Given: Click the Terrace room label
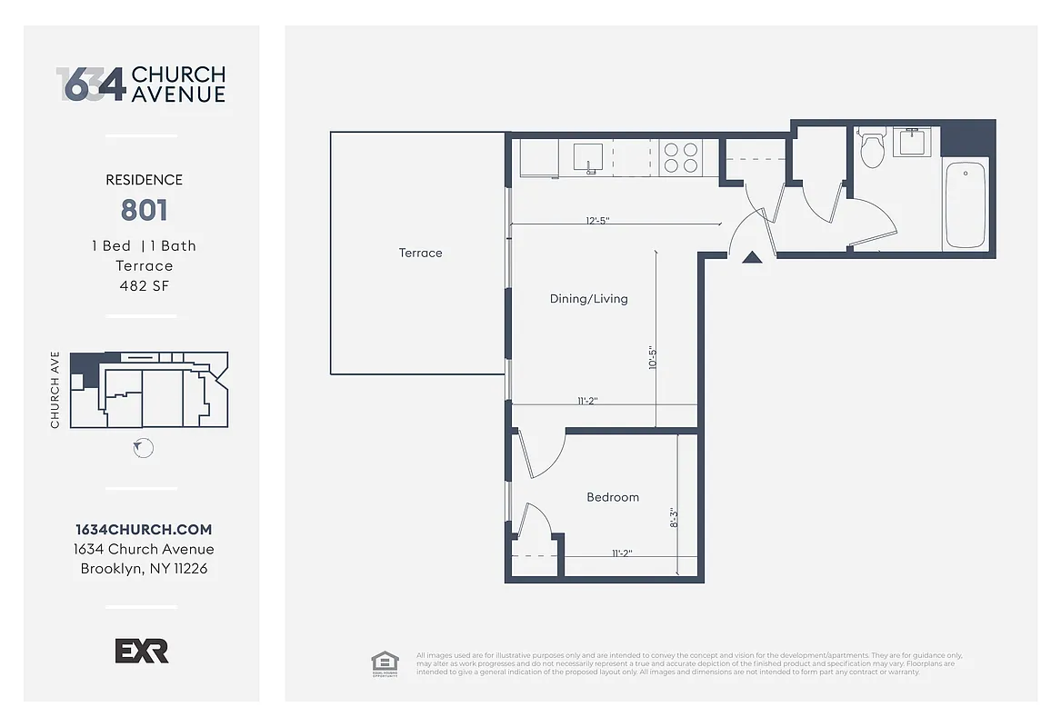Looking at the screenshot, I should [x=420, y=253].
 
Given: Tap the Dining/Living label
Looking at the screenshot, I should [x=588, y=298].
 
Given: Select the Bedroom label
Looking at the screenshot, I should [x=612, y=497].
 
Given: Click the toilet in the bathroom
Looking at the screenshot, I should [x=872, y=150].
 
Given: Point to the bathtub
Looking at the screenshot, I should [x=965, y=204].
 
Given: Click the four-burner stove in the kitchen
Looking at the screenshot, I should [x=680, y=157].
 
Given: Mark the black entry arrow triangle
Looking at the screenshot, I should [x=751, y=257].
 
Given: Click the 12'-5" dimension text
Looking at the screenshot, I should [x=596, y=220].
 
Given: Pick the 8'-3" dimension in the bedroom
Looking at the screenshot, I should [x=674, y=518].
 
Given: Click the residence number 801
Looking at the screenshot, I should [x=144, y=211].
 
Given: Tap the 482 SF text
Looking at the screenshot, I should [x=144, y=285].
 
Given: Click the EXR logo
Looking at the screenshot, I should [x=142, y=651].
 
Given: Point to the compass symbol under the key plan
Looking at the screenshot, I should [x=143, y=448].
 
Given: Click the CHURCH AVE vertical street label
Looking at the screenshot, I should [x=55, y=390].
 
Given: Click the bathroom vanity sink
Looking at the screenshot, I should [x=907, y=143].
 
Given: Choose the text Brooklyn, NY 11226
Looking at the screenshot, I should [x=144, y=569].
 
